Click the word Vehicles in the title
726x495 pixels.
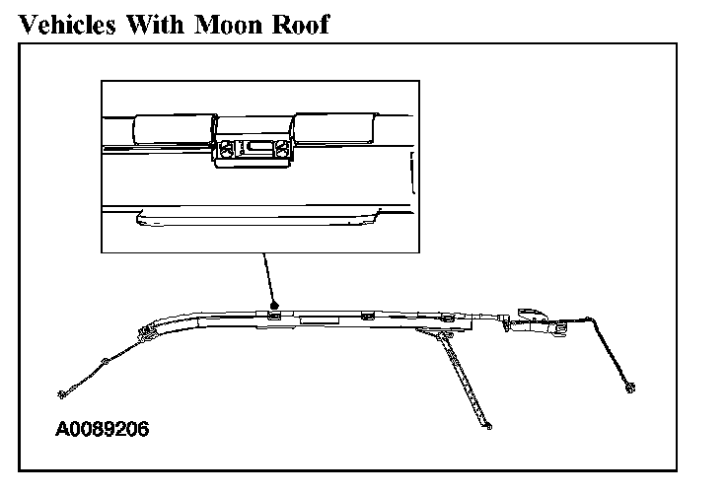[67, 25]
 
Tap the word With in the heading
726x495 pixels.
[155, 25]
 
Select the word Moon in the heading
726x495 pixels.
[228, 25]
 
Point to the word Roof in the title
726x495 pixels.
[301, 25]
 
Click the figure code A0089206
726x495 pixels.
[103, 429]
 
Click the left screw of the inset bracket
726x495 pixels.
[226, 150]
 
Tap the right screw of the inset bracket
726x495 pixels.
[281, 149]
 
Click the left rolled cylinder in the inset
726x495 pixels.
[174, 129]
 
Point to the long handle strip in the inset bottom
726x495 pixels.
[257, 219]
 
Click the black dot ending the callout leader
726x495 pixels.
[274, 305]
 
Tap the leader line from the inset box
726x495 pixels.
[268, 278]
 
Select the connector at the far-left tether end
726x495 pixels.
[62, 394]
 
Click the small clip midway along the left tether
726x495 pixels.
[105, 361]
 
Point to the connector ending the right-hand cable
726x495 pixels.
[629, 388]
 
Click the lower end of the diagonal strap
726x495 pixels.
[488, 426]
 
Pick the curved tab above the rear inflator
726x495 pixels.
[533, 314]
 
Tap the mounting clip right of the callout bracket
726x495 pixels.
[368, 317]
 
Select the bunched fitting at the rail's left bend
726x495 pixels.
[147, 332]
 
